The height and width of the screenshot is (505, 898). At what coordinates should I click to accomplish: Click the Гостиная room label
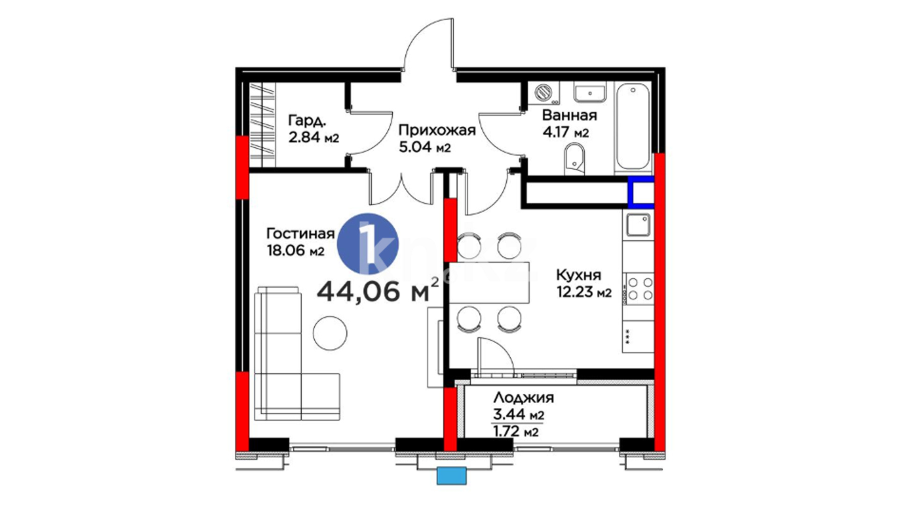(x=300, y=233)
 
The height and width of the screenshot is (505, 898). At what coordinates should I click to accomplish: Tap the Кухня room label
(x=579, y=274)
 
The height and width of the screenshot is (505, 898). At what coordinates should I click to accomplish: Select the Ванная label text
(x=569, y=115)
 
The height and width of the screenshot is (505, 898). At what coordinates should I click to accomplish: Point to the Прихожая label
(x=437, y=130)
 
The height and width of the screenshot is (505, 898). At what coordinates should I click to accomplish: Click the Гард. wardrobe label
(x=307, y=121)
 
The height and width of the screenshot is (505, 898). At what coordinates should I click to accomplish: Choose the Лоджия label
(x=523, y=398)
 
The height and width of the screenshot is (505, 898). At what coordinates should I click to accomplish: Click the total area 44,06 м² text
(x=378, y=291)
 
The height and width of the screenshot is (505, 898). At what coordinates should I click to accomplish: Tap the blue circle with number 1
(x=368, y=244)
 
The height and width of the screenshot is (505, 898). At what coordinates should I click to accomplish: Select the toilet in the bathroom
(x=574, y=159)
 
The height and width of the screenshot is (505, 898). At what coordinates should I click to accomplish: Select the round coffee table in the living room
(x=330, y=333)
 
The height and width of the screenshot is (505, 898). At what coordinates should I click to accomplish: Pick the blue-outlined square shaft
(x=641, y=192)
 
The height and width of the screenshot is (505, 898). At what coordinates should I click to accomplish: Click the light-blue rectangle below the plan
(x=452, y=476)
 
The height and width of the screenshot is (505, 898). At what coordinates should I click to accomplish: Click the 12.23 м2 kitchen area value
(x=584, y=292)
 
